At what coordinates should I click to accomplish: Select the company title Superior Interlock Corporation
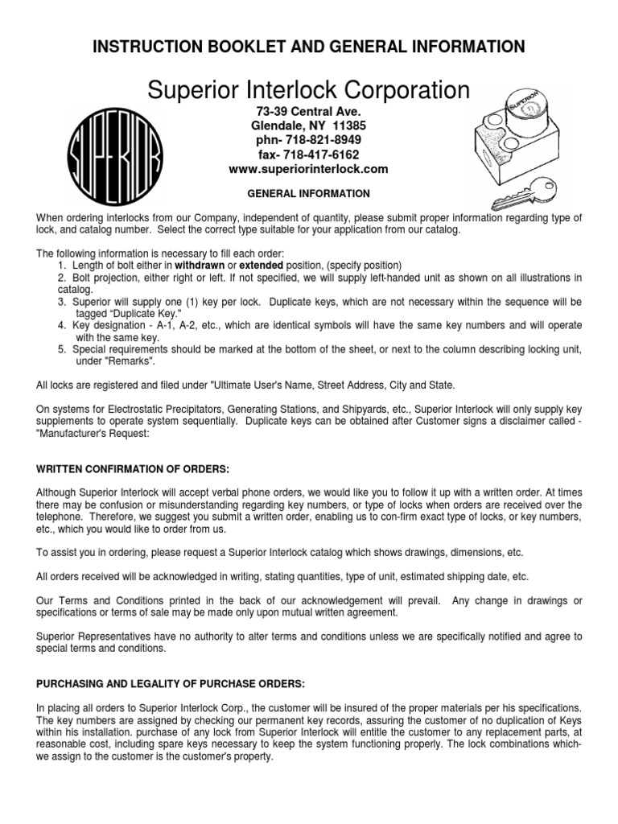(309, 89)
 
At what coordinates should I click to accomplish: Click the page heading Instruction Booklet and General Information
(309, 47)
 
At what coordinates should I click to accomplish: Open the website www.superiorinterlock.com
(309, 169)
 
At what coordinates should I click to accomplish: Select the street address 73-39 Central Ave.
(309, 110)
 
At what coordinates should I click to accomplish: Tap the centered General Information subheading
(309, 194)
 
